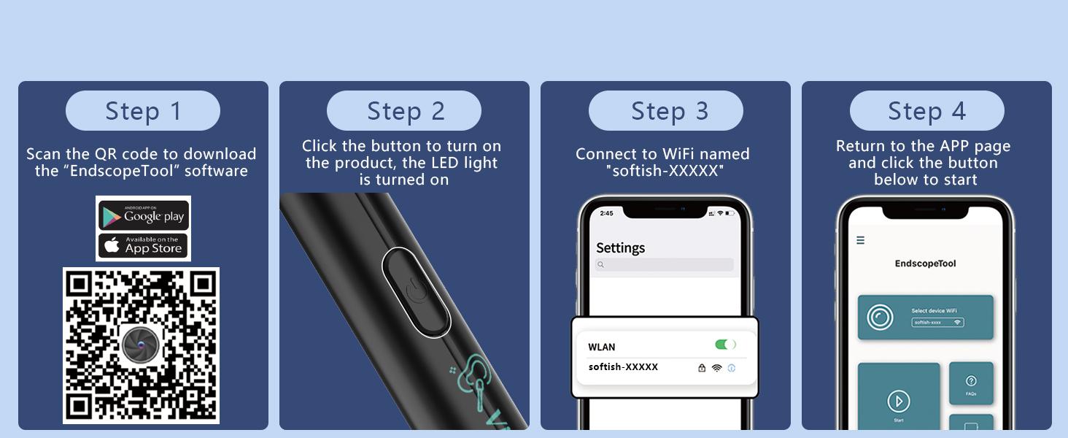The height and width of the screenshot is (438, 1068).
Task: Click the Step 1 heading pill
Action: [143, 111]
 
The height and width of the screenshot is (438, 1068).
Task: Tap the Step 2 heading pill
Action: [404, 111]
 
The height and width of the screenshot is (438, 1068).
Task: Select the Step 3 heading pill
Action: [665, 111]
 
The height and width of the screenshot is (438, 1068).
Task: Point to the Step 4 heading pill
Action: [926, 111]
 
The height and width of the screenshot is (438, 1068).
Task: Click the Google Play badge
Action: [144, 215]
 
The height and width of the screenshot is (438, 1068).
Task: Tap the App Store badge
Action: [144, 245]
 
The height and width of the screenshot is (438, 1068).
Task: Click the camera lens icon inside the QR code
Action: [140, 345]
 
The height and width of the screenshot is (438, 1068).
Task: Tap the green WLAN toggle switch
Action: [725, 345]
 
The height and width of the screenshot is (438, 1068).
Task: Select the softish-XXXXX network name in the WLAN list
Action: [623, 367]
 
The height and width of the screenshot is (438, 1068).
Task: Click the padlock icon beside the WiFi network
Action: [702, 368]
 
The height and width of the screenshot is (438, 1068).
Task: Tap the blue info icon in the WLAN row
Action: [732, 368]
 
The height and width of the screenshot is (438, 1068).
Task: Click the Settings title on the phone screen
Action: [620, 247]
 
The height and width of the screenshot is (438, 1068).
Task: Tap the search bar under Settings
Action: [665, 265]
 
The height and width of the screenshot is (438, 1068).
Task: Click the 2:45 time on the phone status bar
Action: [606, 213]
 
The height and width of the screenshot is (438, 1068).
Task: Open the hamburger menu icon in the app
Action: [861, 240]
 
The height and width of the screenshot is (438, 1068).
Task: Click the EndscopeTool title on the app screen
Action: [925, 264]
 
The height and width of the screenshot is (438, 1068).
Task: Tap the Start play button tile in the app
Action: [898, 401]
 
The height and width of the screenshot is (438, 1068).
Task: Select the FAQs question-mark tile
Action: [971, 383]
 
